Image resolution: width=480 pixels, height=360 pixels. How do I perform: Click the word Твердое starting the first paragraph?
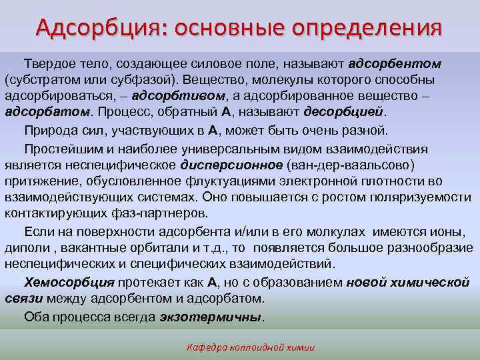pyautogui.click(x=49, y=64)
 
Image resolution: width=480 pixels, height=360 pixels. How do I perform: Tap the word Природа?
pyautogui.click(x=49, y=130)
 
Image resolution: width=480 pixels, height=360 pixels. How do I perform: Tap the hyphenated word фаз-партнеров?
pyautogui.click(x=171, y=213)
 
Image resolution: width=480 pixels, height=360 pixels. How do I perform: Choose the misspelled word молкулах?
pyautogui.click(x=337, y=232)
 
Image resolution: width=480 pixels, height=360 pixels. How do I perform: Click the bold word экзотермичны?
pyautogui.click(x=211, y=317)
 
